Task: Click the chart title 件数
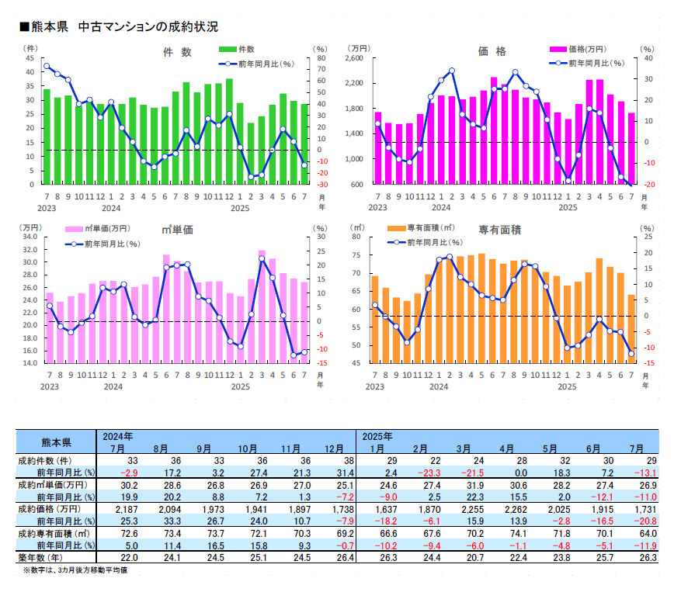(x=176, y=52)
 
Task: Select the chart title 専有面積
(x=499, y=230)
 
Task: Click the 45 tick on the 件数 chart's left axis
(x=30, y=58)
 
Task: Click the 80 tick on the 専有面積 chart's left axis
(x=357, y=237)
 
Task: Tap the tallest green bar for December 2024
(x=229, y=131)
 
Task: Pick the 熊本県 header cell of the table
(x=55, y=442)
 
